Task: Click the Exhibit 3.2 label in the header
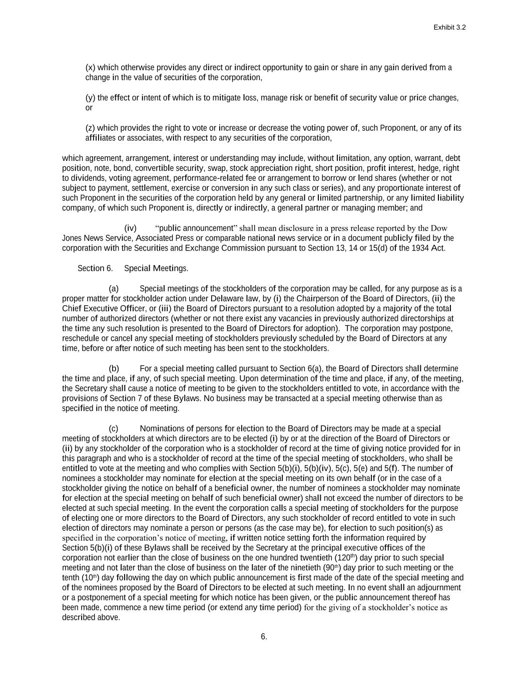click(449, 28)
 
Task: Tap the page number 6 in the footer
click(264, 637)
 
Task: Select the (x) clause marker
click(90, 68)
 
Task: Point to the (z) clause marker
click(90, 128)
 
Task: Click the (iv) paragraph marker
click(130, 228)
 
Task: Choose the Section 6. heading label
click(95, 268)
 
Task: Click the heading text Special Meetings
click(156, 268)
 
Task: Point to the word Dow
click(439, 228)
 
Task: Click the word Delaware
click(218, 298)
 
